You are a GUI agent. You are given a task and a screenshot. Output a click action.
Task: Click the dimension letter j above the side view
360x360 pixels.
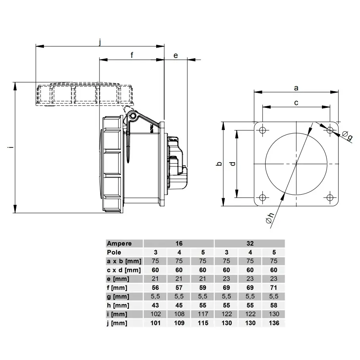[x=100, y=42]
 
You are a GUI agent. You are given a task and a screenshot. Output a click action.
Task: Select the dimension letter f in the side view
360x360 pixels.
[x=132, y=55]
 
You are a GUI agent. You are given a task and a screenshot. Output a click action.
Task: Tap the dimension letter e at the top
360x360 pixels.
[x=176, y=56]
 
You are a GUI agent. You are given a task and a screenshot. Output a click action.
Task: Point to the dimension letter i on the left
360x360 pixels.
[x=10, y=147]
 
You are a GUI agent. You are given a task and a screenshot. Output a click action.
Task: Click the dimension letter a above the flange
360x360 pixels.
[x=296, y=88]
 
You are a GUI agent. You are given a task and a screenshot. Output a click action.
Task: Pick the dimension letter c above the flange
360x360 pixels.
[x=296, y=103]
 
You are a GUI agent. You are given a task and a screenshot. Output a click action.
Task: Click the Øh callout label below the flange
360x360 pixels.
[x=270, y=218]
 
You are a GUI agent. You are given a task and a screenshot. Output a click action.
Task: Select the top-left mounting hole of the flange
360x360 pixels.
[x=262, y=130]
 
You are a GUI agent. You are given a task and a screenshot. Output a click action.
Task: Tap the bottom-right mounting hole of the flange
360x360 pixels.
[x=330, y=197]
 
